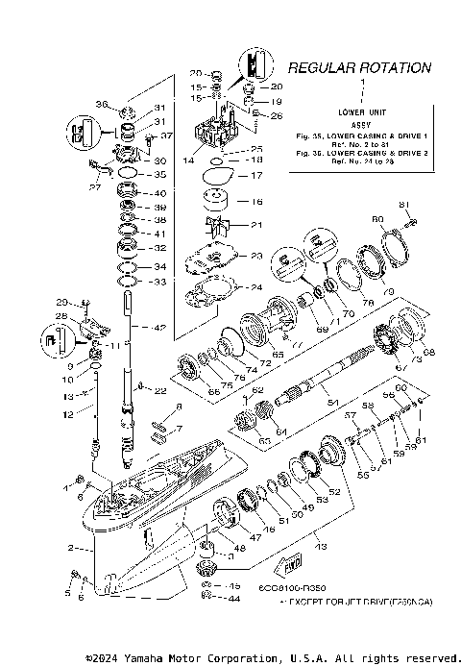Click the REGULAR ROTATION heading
(359, 67)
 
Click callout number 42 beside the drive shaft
(159, 328)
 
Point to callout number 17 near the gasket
(256, 176)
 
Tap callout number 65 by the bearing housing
(278, 355)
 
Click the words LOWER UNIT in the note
(361, 112)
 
